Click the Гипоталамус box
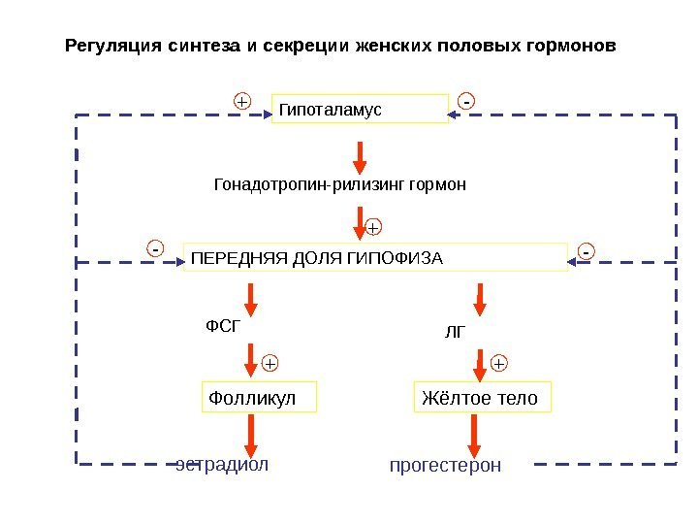click(360, 110)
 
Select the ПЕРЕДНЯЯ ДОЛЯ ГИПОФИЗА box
click(374, 258)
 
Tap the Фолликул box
click(259, 398)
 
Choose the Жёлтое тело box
click(482, 398)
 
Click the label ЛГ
click(456, 332)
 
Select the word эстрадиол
click(221, 463)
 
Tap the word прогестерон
click(445, 467)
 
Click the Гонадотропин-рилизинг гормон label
click(339, 184)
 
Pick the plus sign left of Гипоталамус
click(241, 101)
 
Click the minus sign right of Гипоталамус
click(466, 101)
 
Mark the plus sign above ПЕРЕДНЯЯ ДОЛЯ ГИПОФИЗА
click(373, 228)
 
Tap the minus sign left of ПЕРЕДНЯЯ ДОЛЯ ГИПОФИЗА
click(155, 249)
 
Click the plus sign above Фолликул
click(270, 363)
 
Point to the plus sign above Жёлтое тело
click(499, 363)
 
